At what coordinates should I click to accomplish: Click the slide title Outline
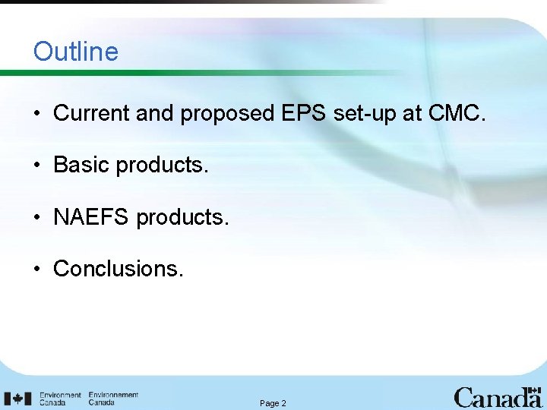[76, 52]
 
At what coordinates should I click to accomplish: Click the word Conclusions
[118, 269]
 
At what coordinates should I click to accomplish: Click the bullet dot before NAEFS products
[36, 218]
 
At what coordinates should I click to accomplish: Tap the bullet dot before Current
[36, 115]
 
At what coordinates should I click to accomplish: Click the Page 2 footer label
[273, 403]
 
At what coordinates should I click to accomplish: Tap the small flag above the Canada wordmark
[533, 389]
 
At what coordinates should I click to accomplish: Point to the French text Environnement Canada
[113, 399]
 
